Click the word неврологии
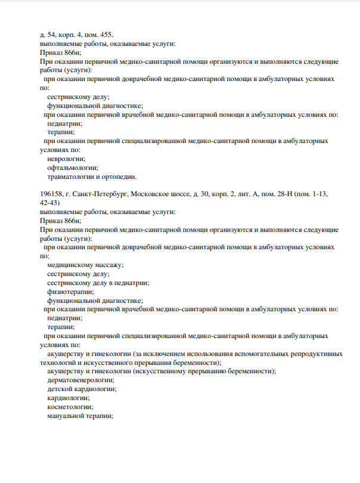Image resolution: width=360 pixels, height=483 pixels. (x=66, y=159)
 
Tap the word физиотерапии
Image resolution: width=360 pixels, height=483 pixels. (x=70, y=292)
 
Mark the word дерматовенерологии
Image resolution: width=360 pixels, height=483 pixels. (x=80, y=380)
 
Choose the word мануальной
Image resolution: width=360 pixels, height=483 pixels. (x=66, y=416)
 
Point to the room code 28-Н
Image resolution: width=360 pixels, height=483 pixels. (x=275, y=194)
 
